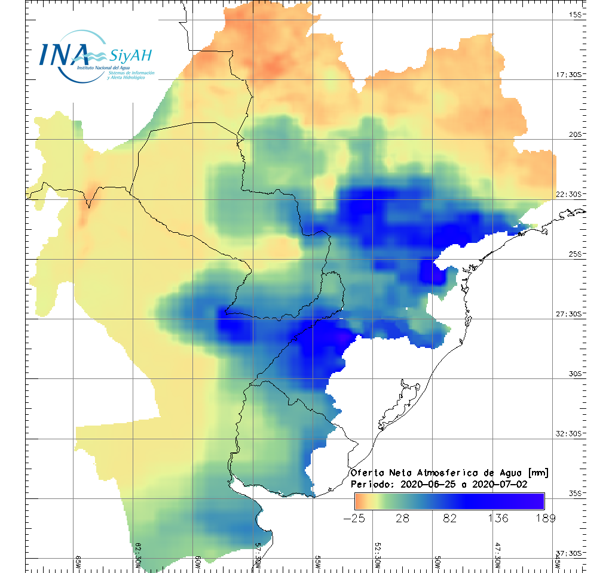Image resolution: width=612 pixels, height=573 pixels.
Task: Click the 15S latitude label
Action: click(577, 15)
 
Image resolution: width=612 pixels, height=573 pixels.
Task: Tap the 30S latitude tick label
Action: click(577, 374)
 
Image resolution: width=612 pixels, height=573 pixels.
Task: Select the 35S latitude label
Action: click(577, 493)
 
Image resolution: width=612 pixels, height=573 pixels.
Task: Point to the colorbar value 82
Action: click(449, 518)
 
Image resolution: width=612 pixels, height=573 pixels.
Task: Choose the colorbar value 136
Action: click(497, 518)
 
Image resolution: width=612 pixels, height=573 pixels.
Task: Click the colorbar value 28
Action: click(402, 518)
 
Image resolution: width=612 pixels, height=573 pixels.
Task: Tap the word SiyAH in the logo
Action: click(131, 56)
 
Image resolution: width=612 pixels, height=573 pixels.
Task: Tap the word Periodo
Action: click(370, 484)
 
